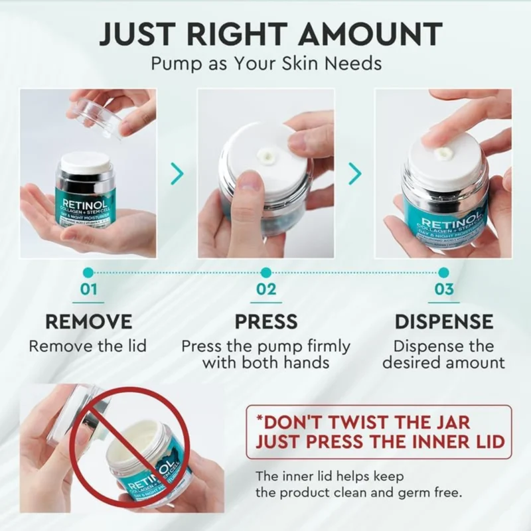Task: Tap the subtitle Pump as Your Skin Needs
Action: (265, 64)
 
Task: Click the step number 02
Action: (265, 290)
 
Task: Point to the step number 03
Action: (443, 290)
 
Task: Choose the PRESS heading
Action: (265, 322)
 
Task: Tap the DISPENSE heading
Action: (443, 322)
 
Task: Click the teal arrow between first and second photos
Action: (177, 174)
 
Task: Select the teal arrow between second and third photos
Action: (355, 174)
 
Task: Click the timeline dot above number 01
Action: (88, 272)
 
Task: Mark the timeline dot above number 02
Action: (265, 272)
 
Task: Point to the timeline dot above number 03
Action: (443, 272)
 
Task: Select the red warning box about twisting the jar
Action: (378, 431)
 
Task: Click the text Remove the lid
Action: (88, 346)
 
